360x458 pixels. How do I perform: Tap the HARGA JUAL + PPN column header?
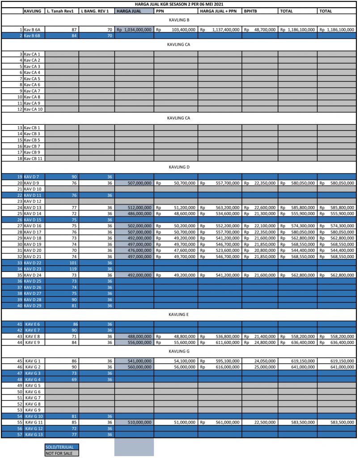pyautogui.click(x=219, y=11)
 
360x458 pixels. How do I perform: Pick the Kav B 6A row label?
pyautogui.click(x=33, y=30)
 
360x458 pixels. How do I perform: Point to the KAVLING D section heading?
pyautogui.click(x=180, y=167)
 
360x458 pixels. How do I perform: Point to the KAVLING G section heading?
pyautogui.click(x=180, y=351)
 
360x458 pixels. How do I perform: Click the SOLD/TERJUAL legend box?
pyautogui.click(x=62, y=446)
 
